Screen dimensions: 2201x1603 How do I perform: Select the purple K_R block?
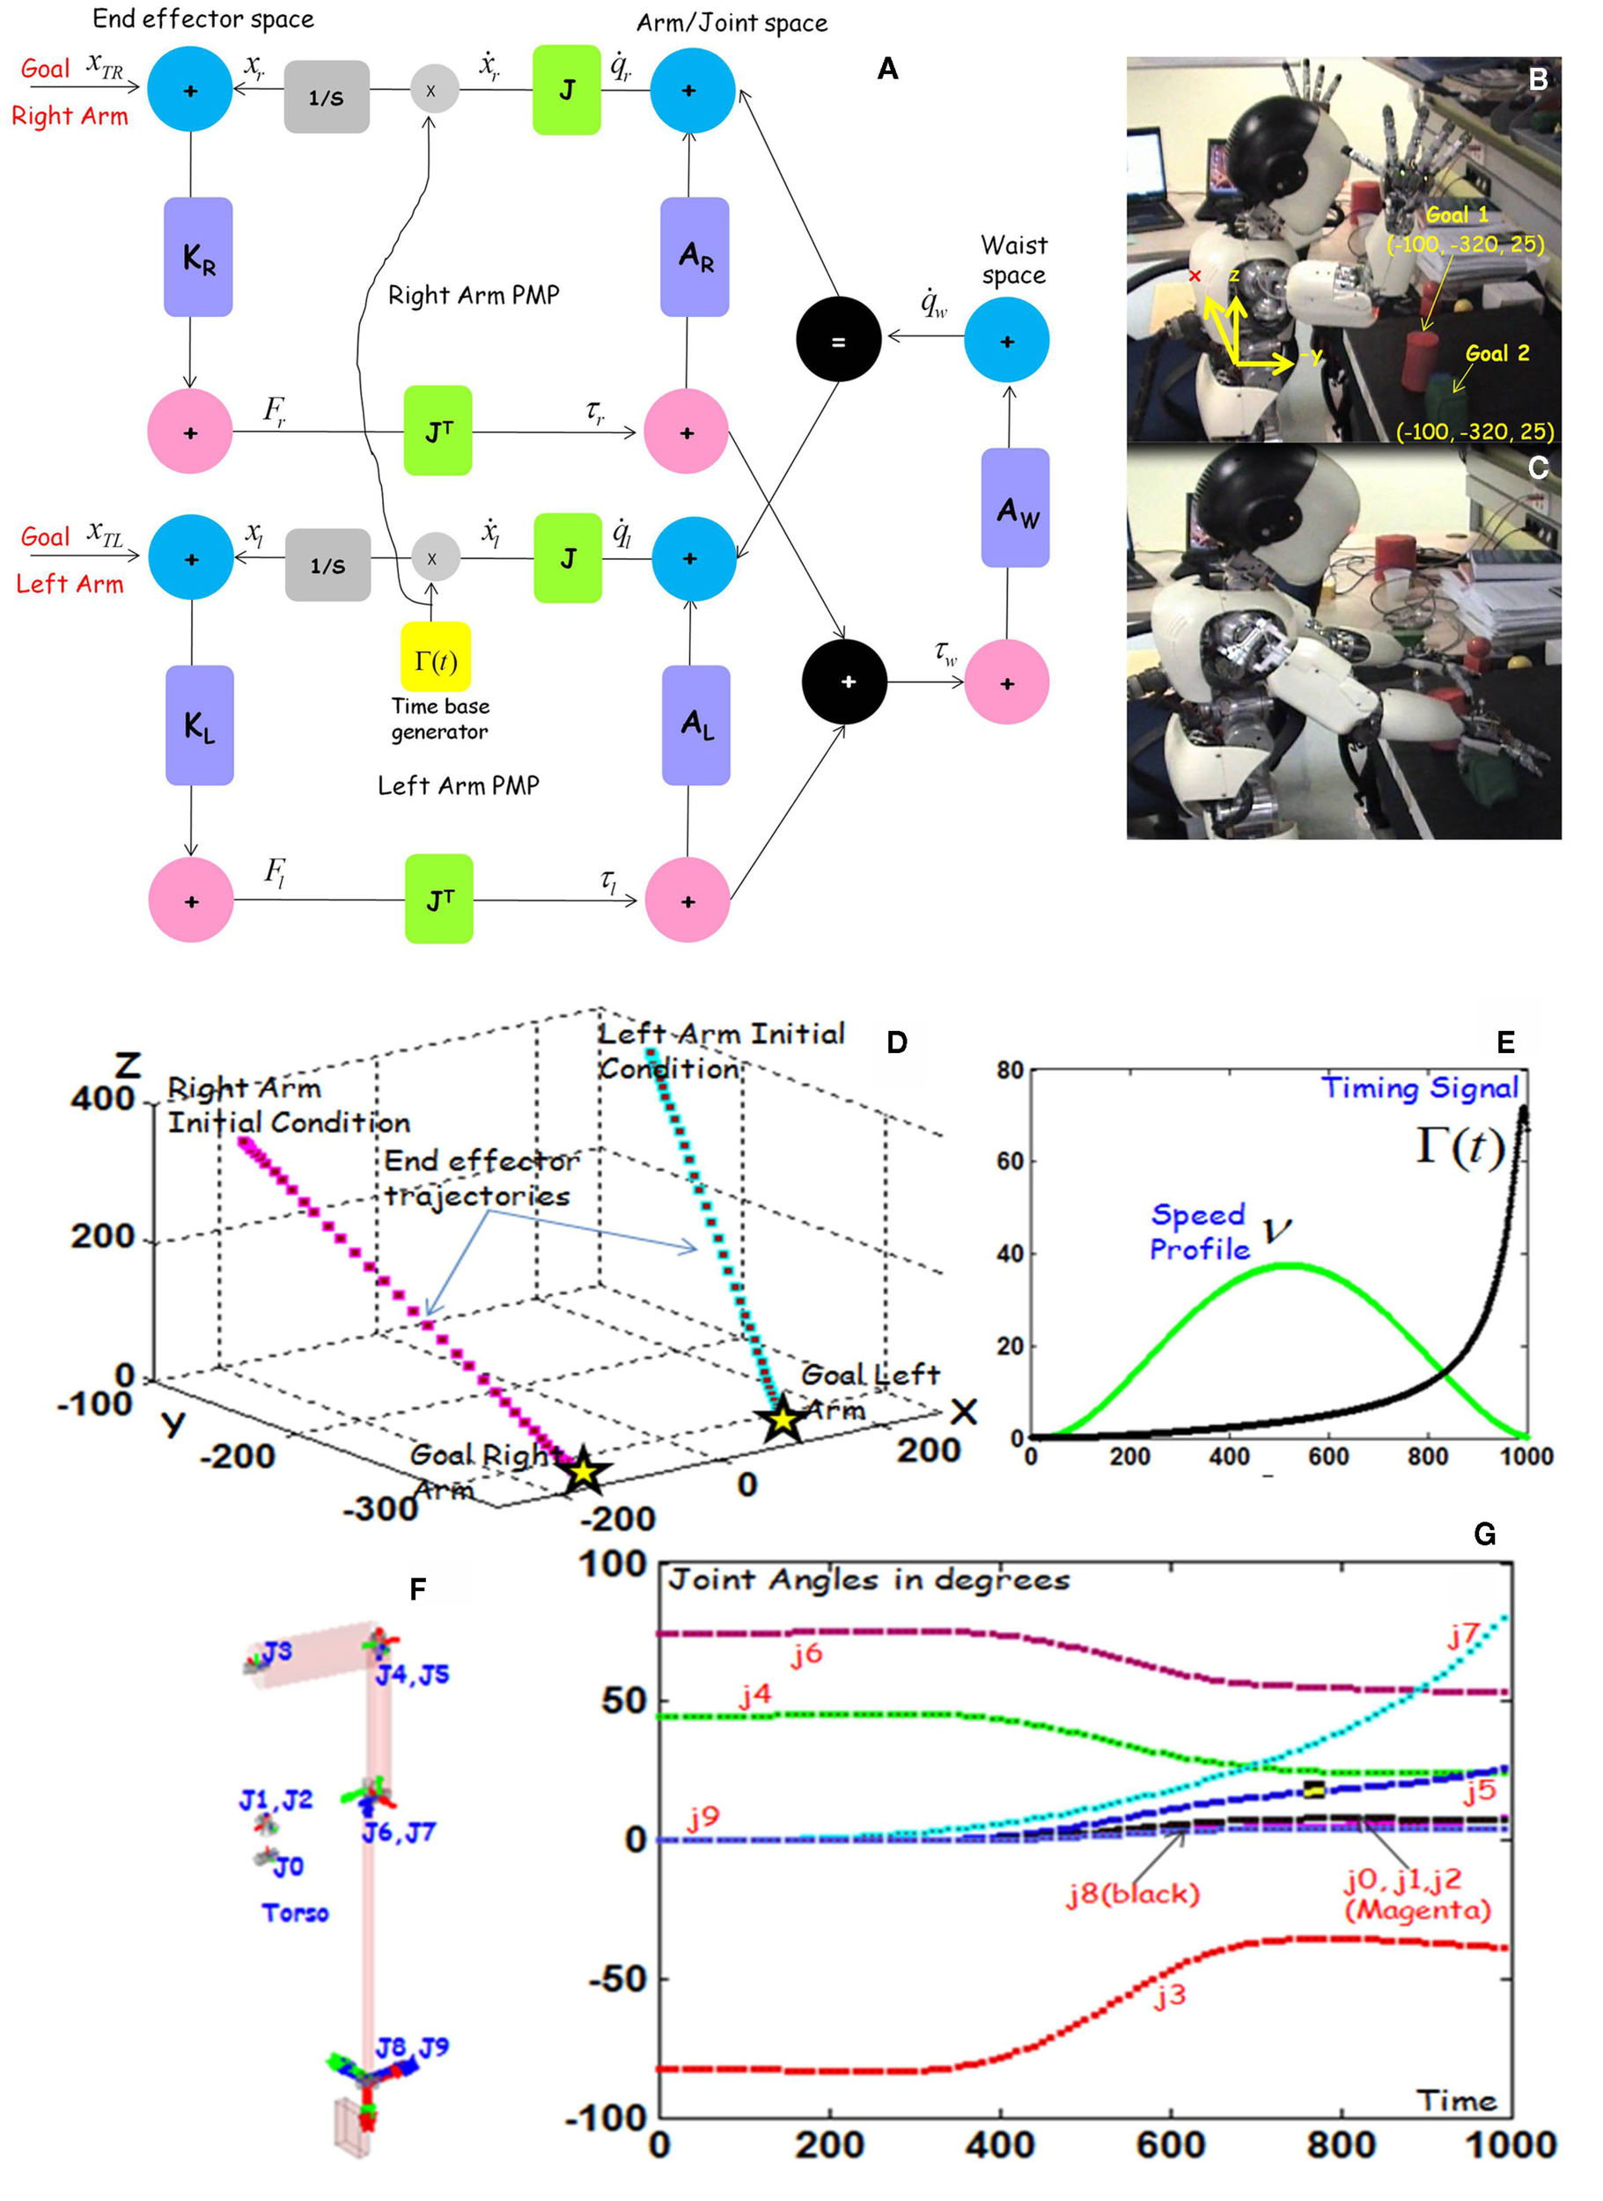click(x=198, y=257)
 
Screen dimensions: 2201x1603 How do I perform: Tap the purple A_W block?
click(x=1015, y=507)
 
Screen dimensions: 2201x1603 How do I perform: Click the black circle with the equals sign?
click(x=838, y=340)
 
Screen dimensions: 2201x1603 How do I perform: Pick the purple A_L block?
click(x=695, y=725)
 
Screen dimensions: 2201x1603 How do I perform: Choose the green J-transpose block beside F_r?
click(x=438, y=431)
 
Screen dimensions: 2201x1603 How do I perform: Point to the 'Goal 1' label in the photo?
click(x=1455, y=215)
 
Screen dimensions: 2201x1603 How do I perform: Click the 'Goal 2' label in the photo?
click(x=1497, y=353)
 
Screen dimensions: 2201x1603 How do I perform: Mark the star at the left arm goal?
click(x=782, y=1421)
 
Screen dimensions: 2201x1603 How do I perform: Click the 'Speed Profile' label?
click(x=1199, y=1232)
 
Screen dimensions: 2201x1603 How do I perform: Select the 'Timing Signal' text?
click(x=1419, y=1088)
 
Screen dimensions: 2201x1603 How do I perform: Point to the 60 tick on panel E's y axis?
click(x=1010, y=1160)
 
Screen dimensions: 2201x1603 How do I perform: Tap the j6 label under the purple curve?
click(x=806, y=1653)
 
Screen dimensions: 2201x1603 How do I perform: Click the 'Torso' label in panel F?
click(x=295, y=1912)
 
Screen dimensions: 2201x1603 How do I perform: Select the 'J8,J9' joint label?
click(x=412, y=2047)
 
